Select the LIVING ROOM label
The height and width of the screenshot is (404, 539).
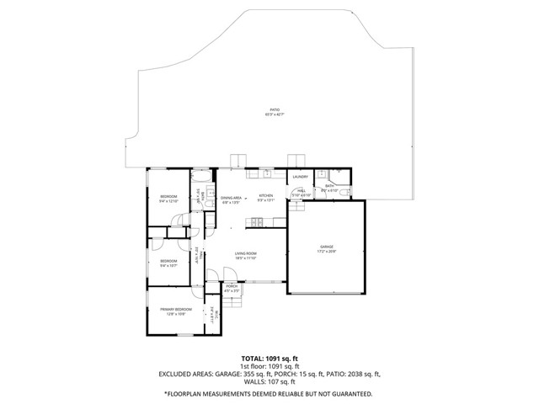pyautogui.click(x=246, y=253)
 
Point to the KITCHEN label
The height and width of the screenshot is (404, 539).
pyautogui.click(x=266, y=195)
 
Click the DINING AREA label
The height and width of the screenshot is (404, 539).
pyautogui.click(x=231, y=198)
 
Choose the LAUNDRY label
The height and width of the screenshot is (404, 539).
pyautogui.click(x=299, y=177)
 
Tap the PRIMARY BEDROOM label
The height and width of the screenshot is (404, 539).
pyautogui.click(x=177, y=310)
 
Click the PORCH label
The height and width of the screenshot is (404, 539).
pyautogui.click(x=232, y=286)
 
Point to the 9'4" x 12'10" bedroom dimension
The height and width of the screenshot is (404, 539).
pyautogui.click(x=168, y=201)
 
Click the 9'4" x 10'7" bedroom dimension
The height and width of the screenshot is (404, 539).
pyautogui.click(x=168, y=266)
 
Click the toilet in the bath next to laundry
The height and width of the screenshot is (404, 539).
pyautogui.click(x=322, y=174)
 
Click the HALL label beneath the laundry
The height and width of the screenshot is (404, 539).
pyautogui.click(x=301, y=190)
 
